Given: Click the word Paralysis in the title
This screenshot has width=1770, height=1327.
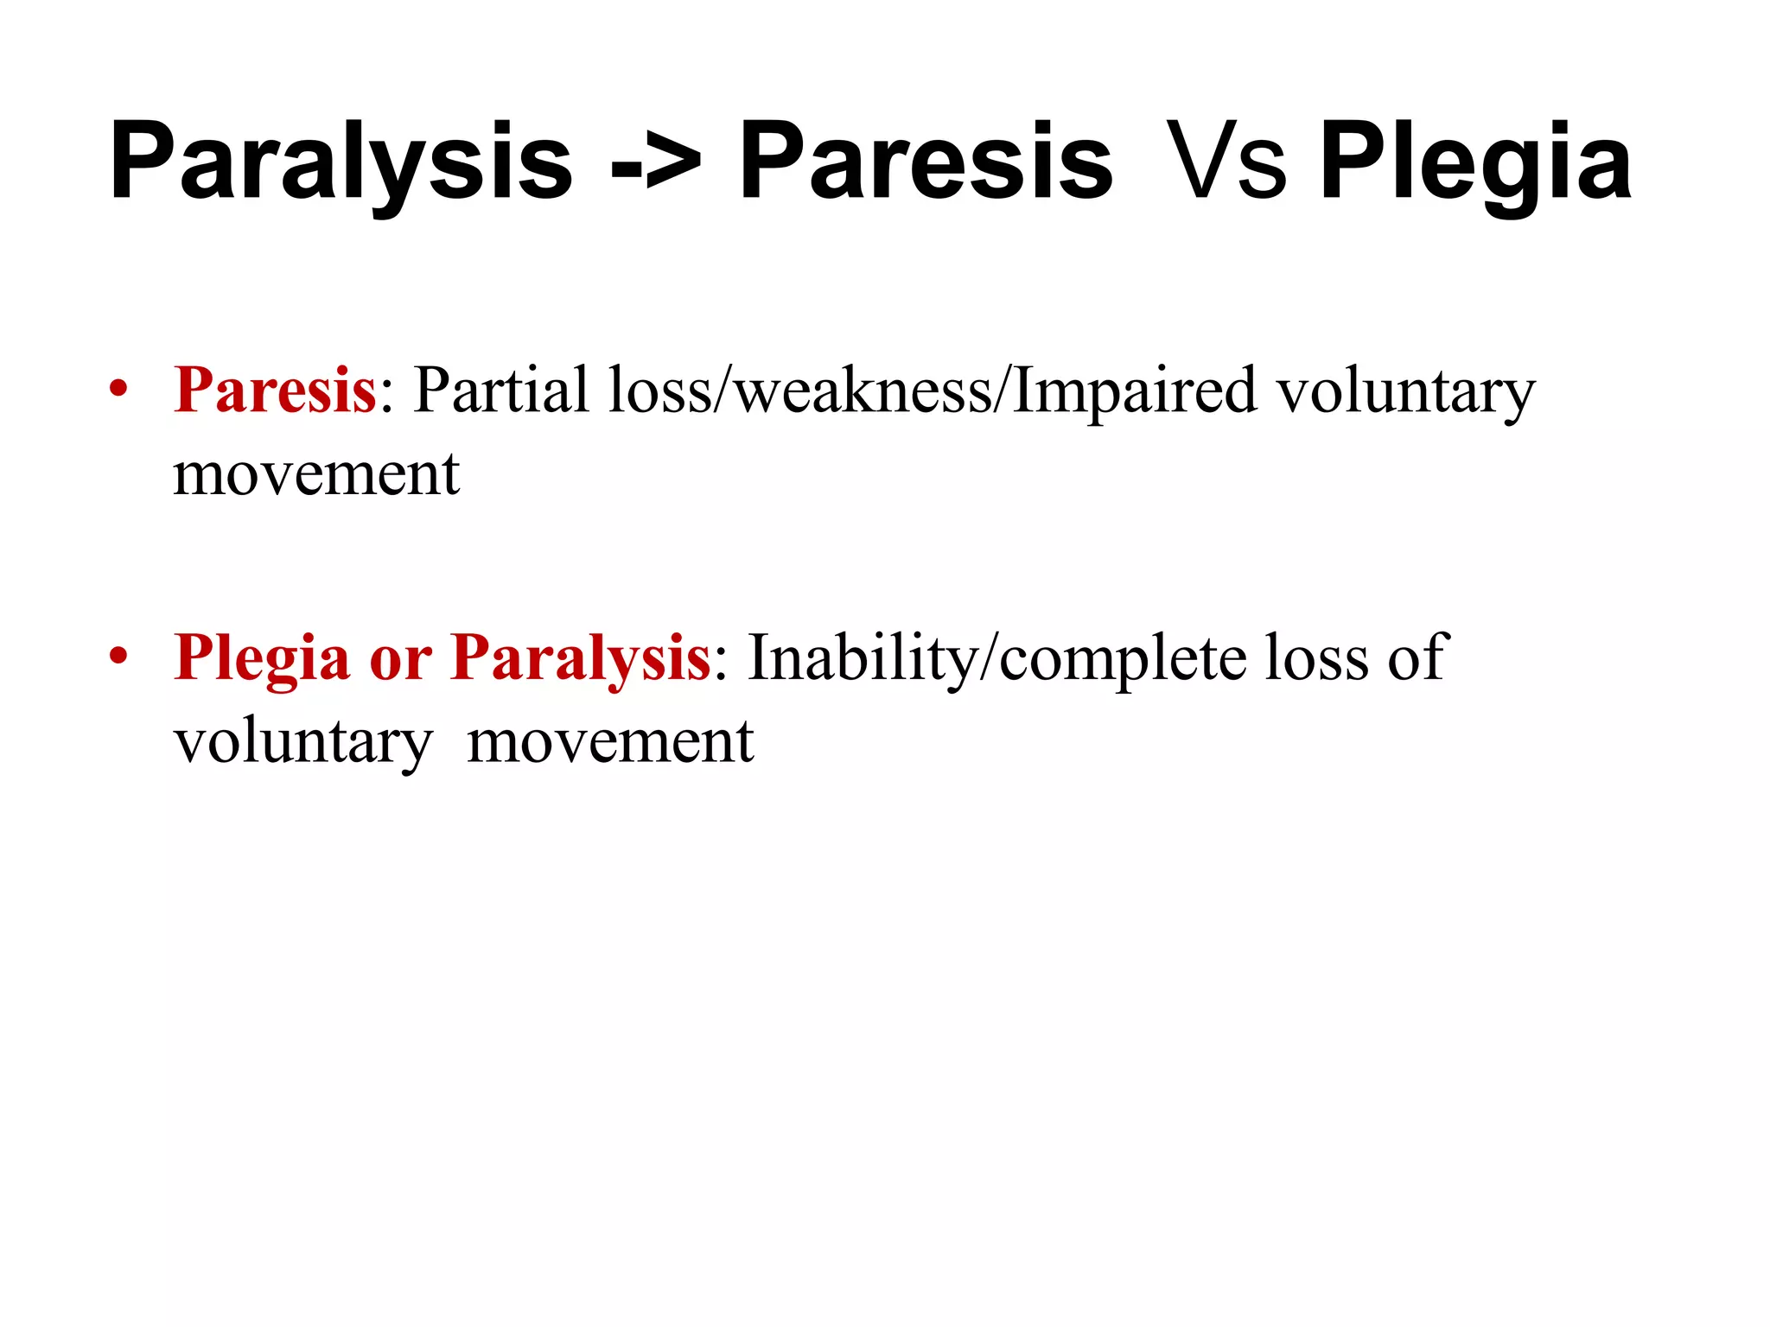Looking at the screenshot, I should (341, 162).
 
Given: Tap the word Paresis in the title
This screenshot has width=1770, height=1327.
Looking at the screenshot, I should (926, 162).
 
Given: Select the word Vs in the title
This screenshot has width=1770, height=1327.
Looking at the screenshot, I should (1225, 162).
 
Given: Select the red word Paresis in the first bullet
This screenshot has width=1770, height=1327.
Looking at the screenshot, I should (275, 390).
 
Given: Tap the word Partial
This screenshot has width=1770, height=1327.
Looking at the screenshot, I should (501, 390).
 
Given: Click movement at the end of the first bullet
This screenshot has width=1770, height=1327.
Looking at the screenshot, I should (316, 473).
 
